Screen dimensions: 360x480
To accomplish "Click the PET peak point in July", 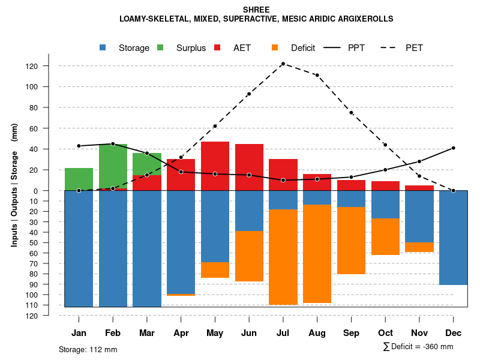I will point(283,64).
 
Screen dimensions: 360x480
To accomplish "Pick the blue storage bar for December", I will point(453,238).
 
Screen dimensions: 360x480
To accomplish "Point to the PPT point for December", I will point(453,148).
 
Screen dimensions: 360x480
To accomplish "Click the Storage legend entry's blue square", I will point(104,48).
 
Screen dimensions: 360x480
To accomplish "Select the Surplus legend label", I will point(191,48).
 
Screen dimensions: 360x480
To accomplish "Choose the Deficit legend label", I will point(303,48).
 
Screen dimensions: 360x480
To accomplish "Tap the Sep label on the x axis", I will point(351,333).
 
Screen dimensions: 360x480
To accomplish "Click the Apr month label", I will point(181,333).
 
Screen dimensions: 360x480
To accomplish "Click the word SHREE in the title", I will point(256,10).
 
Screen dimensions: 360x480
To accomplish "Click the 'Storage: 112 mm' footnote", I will point(88,349).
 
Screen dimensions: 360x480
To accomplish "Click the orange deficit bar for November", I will point(419,247).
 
